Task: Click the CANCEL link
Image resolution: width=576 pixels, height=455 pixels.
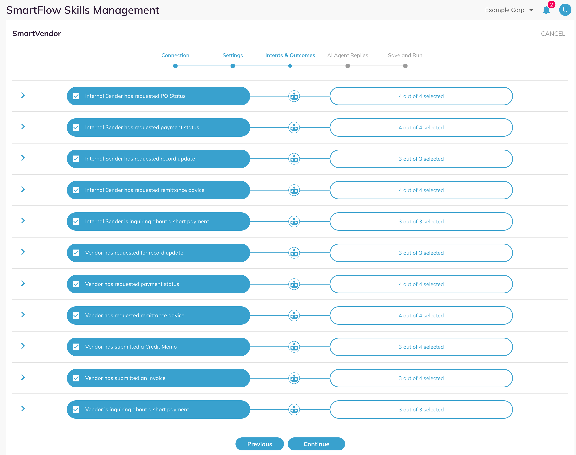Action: [x=553, y=34]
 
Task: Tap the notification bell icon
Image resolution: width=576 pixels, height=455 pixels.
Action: [x=546, y=10]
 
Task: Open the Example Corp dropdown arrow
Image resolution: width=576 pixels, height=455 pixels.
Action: [x=531, y=10]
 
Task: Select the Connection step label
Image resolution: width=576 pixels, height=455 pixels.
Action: [x=175, y=55]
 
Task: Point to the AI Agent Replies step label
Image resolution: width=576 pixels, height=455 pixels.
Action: [x=348, y=55]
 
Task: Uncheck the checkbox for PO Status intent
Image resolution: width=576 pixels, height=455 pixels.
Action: [x=76, y=96]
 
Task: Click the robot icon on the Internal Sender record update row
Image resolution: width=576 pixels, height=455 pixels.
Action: [x=294, y=159]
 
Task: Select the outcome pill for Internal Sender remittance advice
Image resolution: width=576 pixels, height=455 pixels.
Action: [x=421, y=190]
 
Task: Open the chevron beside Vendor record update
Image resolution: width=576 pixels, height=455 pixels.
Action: [x=23, y=252]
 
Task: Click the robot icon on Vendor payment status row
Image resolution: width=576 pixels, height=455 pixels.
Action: [x=294, y=284]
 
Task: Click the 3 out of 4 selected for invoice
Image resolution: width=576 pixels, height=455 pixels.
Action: [x=421, y=378]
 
